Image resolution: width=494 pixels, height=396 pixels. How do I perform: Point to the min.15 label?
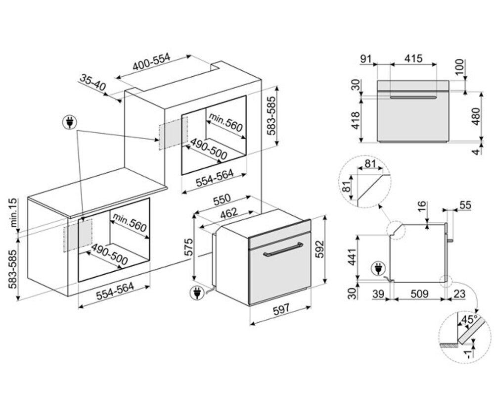[x=13, y=212]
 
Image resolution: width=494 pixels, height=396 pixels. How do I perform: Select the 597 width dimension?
[x=280, y=309]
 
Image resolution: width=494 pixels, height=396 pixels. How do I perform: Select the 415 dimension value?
[x=413, y=58]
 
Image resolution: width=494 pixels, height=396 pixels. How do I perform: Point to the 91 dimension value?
[x=365, y=58]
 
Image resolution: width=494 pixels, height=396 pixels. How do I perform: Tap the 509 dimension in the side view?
[x=418, y=294]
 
